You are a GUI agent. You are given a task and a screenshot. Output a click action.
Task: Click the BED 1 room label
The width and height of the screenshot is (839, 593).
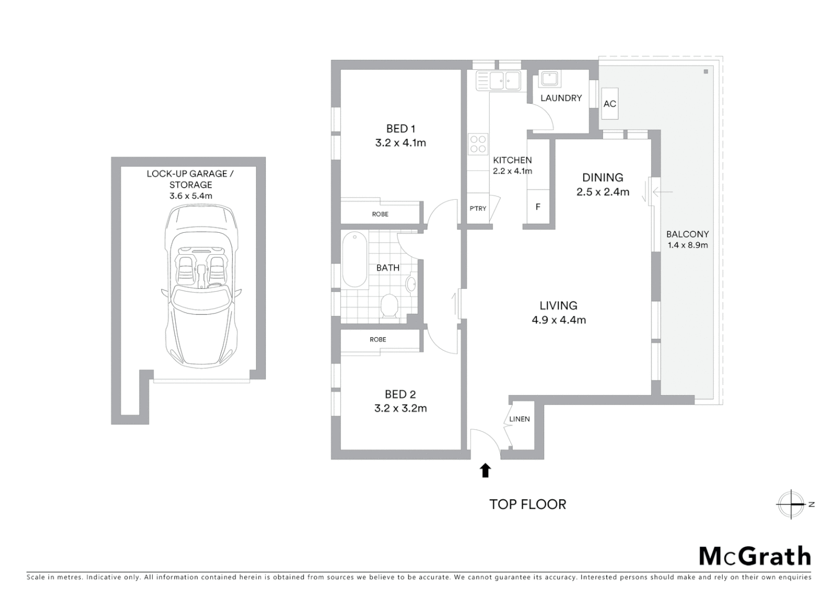400,128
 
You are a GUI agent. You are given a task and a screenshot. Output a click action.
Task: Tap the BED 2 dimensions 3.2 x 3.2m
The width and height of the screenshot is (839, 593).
400,409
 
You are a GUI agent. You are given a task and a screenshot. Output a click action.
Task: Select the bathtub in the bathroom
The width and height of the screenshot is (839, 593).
354,260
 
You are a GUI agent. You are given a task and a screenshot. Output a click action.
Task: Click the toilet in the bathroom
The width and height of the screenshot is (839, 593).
389,305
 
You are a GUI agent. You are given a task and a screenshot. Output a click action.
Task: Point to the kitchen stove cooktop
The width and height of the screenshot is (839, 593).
478,144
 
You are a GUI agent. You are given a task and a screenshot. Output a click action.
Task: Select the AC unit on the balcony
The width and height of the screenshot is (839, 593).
609,104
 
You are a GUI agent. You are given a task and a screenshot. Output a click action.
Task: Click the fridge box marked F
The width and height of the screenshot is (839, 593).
538,207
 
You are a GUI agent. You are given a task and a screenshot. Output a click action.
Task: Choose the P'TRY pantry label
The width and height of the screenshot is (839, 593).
478,209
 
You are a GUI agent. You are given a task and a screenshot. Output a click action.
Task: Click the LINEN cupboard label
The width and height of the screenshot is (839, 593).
519,419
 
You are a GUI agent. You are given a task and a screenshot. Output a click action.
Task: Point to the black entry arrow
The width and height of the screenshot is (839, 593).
485,470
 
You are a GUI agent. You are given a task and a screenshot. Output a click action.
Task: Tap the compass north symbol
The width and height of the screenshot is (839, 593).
791,504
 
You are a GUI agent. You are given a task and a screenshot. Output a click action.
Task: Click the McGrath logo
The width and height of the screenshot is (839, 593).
755,556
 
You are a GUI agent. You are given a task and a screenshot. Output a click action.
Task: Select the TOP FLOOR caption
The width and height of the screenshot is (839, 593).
528,504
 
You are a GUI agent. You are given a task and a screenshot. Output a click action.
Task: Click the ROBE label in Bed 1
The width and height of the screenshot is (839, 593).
380,214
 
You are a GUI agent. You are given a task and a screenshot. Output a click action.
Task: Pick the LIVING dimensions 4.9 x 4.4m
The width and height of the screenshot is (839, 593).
558,320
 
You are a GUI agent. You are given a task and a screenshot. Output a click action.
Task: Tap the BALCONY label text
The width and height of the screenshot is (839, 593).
687,234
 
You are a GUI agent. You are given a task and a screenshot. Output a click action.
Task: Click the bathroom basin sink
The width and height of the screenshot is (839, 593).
411,284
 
